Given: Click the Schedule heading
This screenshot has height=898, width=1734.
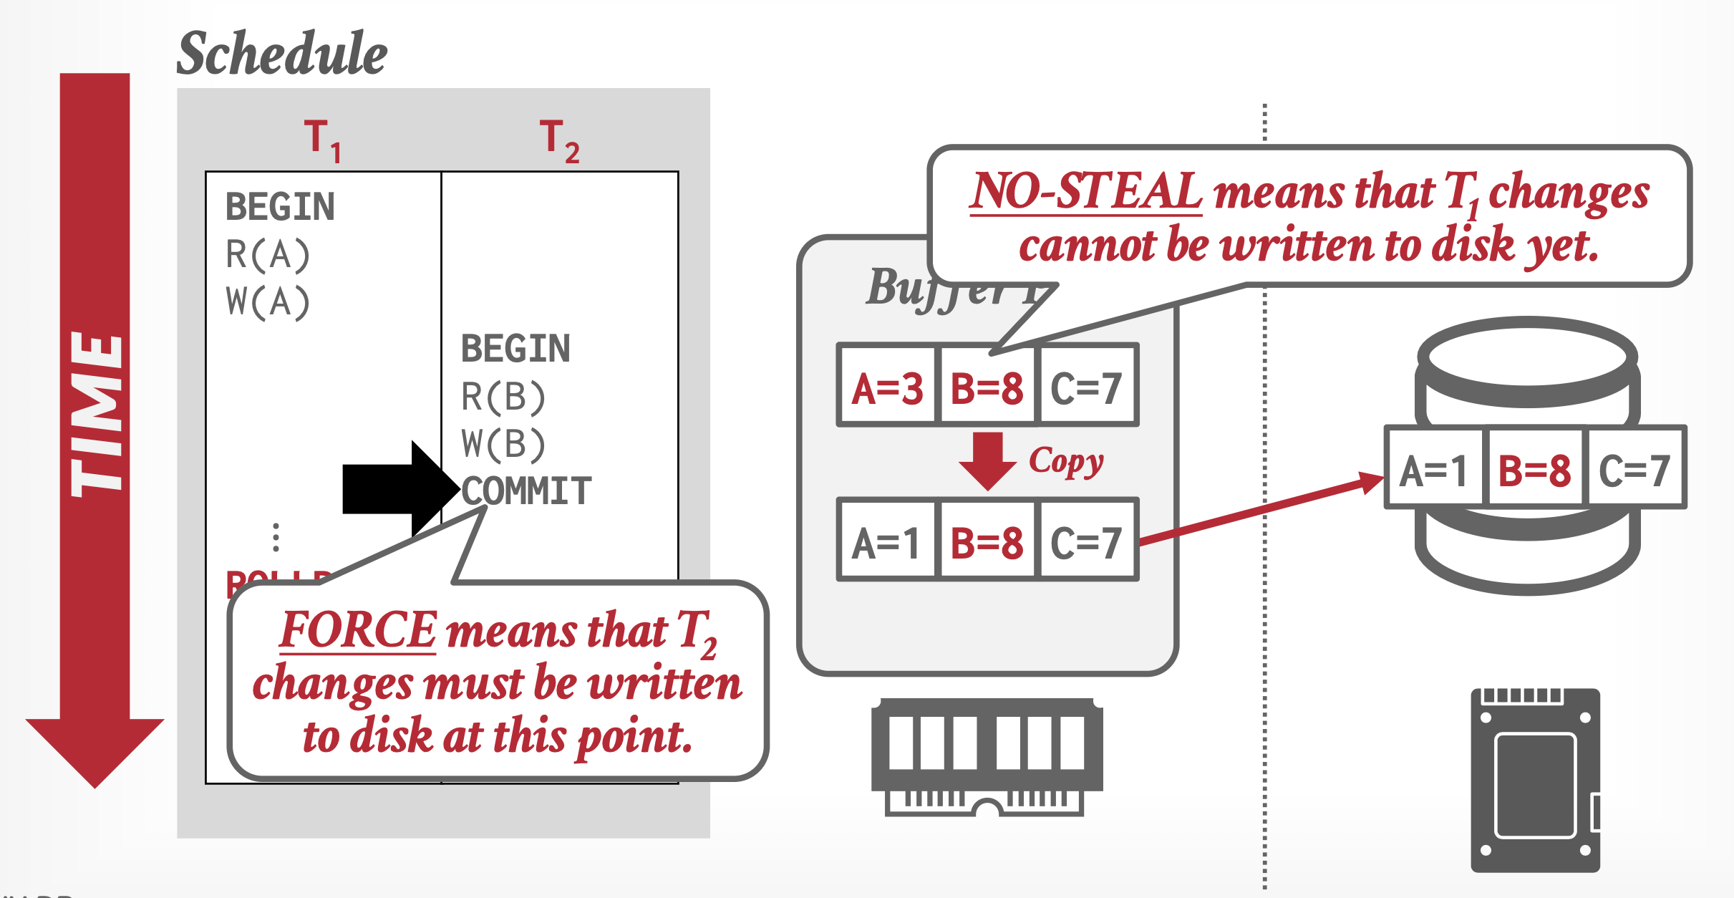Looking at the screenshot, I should (281, 54).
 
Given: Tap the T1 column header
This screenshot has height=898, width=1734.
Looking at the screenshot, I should (321, 140).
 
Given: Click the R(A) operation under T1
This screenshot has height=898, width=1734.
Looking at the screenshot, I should (267, 255).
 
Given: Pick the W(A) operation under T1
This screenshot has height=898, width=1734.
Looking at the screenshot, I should (267, 301).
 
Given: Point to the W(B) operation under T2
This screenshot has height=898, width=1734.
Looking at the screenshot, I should (503, 444).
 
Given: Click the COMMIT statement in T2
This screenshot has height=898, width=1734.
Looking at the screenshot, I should (526, 491).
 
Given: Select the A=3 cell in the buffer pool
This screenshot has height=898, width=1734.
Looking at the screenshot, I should (887, 388).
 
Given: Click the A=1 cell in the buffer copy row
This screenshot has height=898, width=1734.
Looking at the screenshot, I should (886, 542).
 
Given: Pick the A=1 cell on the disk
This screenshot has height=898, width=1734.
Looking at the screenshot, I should (1433, 470).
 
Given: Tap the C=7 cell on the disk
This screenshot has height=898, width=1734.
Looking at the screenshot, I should (1634, 470).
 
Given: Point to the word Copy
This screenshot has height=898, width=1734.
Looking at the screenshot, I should (1066, 462).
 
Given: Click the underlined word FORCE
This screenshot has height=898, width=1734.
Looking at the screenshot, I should (357, 630).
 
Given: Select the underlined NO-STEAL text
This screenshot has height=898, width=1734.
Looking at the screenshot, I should (1085, 192).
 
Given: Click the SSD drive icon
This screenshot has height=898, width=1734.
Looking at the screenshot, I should (1535, 780).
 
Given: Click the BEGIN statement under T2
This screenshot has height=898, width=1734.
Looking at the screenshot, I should (515, 349).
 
